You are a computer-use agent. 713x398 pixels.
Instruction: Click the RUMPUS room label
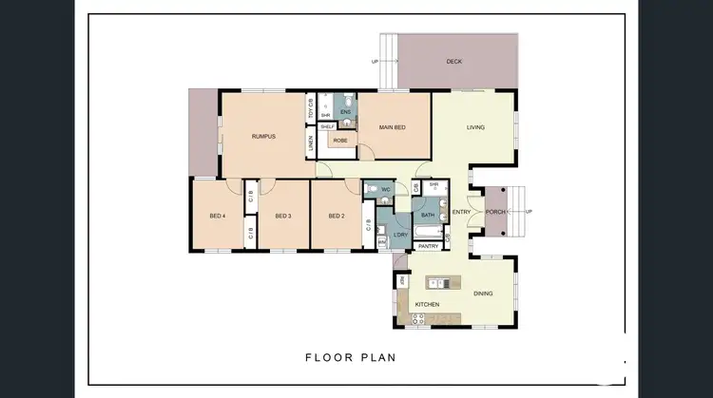click(264, 137)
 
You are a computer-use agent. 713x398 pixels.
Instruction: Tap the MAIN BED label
click(394, 127)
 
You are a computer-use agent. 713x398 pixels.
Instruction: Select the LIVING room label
click(476, 127)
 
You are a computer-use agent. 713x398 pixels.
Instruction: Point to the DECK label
click(454, 63)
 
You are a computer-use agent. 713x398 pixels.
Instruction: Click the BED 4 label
click(218, 217)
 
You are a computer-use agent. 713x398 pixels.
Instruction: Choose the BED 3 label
click(282, 217)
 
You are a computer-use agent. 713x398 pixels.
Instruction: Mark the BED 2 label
click(336, 217)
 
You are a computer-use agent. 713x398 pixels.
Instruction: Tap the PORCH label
click(495, 212)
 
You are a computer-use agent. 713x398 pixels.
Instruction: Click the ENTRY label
click(462, 212)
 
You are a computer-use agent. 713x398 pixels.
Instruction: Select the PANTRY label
click(428, 246)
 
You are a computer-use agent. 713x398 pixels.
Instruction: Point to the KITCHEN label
click(428, 305)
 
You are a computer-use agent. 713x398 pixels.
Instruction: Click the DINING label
click(483, 294)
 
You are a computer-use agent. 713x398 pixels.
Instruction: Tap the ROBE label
click(339, 141)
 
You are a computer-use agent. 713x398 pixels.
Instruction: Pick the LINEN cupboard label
click(311, 144)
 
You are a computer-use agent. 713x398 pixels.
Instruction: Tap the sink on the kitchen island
click(439, 282)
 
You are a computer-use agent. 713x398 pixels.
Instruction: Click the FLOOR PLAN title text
click(350, 358)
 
